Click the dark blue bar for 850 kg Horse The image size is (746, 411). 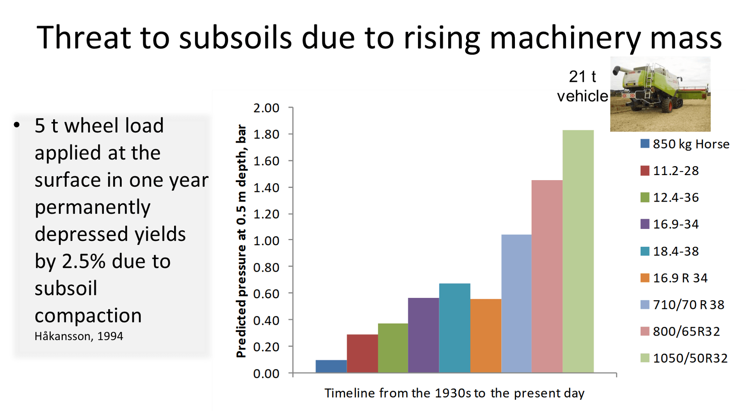(x=331, y=366)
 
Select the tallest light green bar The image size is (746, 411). (x=578, y=252)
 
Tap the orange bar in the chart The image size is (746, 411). (x=486, y=336)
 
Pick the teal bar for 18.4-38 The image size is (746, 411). (x=454, y=328)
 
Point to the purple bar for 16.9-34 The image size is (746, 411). (x=424, y=335)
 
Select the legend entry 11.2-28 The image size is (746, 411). (x=675, y=171)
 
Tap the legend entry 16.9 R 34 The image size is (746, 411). (x=680, y=278)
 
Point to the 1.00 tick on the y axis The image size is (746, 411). (x=266, y=241)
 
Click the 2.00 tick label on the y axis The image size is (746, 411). (x=266, y=108)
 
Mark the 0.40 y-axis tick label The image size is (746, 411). (x=266, y=321)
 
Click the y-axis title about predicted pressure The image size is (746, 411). (x=242, y=241)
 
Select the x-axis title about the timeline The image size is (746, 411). (x=454, y=393)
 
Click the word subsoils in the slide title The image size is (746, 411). (x=235, y=38)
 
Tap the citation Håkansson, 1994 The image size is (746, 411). (x=79, y=336)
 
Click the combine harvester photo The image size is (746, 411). (x=660, y=94)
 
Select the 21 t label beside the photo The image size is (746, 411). (x=582, y=76)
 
